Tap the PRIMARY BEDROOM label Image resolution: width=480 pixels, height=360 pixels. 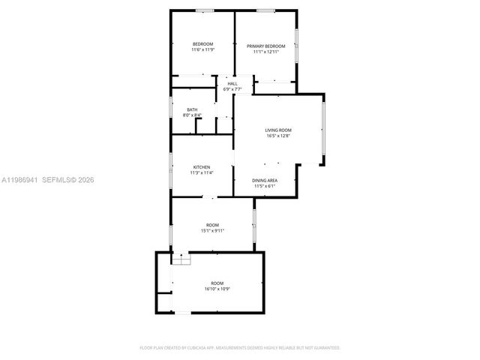266,46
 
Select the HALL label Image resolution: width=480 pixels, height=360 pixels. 232,83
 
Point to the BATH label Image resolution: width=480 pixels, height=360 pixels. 192,110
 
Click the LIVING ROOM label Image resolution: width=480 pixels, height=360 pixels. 277,130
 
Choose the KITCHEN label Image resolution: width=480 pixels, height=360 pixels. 201,166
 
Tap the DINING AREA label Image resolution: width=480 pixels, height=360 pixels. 265,181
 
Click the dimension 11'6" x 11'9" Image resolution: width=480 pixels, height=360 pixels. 202,50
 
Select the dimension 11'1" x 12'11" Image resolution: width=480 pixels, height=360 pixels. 266,52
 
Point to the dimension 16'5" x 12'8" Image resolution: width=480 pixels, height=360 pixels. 277,136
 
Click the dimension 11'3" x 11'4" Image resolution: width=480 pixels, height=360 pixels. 201,172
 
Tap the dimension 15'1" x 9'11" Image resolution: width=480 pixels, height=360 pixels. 213,231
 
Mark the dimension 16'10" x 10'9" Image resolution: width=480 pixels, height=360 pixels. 217,289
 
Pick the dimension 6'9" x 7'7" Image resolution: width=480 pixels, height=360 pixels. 232,89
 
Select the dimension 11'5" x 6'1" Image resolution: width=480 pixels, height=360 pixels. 265,187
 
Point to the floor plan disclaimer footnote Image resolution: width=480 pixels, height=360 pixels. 240,348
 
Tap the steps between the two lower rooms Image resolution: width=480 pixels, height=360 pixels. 181,259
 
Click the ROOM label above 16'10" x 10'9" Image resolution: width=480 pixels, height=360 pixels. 217,283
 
